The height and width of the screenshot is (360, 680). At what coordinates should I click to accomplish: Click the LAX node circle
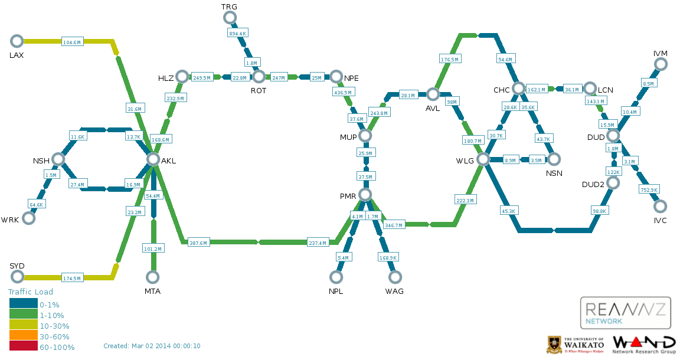point(17,41)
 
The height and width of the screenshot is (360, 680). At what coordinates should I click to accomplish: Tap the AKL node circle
point(153,159)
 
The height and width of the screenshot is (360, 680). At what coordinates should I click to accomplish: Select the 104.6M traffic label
point(72,42)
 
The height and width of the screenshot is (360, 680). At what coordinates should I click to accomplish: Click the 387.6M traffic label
point(198,243)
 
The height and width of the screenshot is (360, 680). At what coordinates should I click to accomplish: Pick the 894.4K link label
point(237,34)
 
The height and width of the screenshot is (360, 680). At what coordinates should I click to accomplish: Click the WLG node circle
point(483,159)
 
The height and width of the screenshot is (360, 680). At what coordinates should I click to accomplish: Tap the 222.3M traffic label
point(466,201)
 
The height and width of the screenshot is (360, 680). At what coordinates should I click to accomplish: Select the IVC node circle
point(660,206)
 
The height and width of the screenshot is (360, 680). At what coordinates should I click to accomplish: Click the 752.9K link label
point(649,189)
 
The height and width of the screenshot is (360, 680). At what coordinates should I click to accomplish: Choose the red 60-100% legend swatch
point(23,347)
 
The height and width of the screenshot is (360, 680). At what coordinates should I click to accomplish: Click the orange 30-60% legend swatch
point(23,336)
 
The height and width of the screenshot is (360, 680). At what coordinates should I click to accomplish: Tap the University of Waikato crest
point(555,344)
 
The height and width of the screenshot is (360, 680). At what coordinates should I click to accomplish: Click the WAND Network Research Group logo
point(643,344)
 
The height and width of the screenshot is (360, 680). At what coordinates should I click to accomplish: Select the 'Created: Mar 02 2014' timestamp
point(152,346)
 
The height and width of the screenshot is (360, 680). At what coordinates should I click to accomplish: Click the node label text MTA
point(152,292)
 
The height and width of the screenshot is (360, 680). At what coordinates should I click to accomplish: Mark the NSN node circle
point(554,159)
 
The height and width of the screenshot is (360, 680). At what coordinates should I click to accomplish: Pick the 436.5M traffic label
point(342,93)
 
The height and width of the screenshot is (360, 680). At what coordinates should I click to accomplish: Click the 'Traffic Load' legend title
point(31,292)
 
